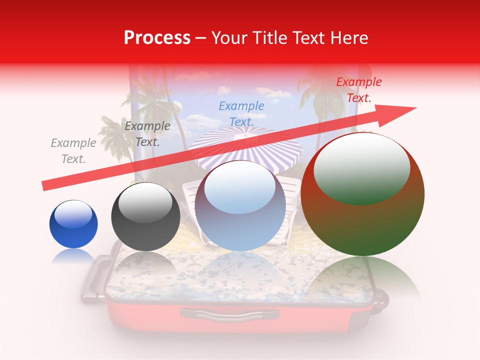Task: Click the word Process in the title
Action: [157, 38]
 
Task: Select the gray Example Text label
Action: [73, 151]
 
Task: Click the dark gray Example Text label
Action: [147, 134]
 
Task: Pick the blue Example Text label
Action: [241, 114]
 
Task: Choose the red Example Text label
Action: [358, 90]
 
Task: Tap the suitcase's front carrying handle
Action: [229, 313]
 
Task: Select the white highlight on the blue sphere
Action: [73, 214]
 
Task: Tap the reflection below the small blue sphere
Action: [73, 256]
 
